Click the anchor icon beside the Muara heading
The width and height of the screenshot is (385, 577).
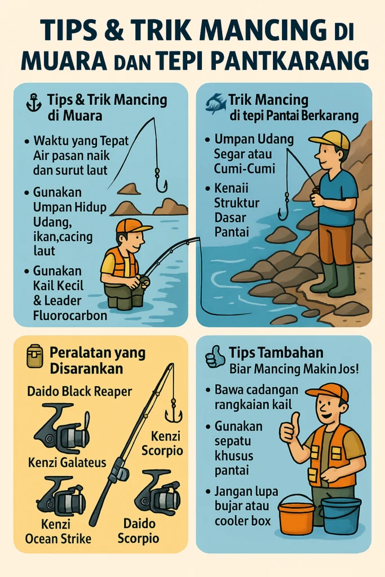click(x=34, y=103)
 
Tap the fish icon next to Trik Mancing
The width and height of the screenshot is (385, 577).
click(x=216, y=103)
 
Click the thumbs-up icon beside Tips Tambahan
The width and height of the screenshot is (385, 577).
click(x=215, y=356)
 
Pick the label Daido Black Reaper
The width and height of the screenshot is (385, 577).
click(x=79, y=391)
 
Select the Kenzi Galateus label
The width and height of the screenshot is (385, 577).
click(x=67, y=462)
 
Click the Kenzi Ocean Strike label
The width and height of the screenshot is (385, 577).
click(x=58, y=531)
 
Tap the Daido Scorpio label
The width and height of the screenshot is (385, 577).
click(x=139, y=531)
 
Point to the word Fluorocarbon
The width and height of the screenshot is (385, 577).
click(x=70, y=316)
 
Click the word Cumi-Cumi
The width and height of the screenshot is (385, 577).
click(x=245, y=168)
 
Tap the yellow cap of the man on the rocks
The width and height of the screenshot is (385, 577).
click(x=330, y=140)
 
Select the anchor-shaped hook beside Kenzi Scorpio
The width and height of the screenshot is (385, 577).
click(x=173, y=412)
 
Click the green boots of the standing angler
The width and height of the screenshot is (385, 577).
click(x=333, y=281)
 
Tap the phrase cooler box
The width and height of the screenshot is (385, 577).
click(x=242, y=521)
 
